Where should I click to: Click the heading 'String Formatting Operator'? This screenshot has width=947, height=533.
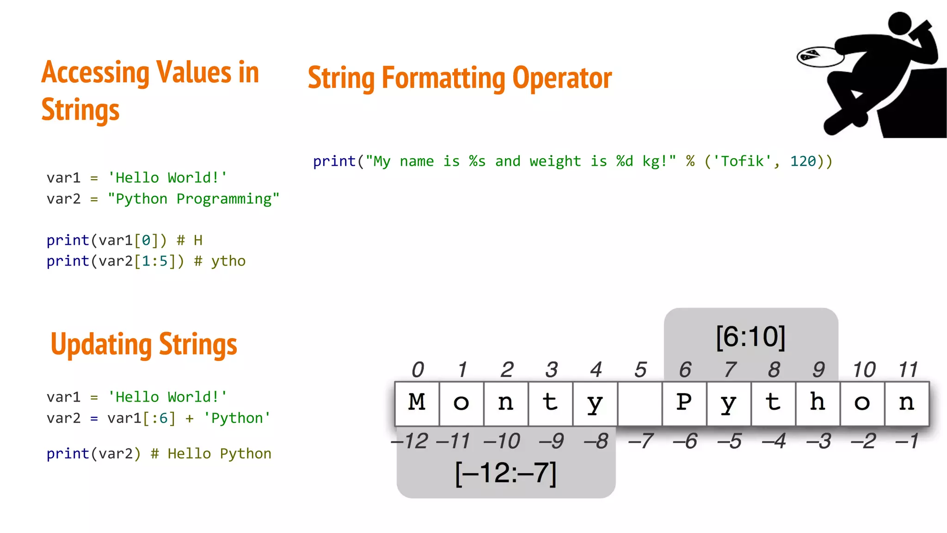click(x=460, y=78)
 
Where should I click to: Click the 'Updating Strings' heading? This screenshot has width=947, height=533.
click(x=144, y=345)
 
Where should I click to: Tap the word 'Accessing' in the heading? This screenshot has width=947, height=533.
click(x=95, y=73)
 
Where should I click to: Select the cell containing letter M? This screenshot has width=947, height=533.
click(x=417, y=403)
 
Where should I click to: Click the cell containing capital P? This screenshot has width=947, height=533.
click(x=684, y=403)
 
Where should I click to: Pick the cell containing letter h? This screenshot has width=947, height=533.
click(x=818, y=403)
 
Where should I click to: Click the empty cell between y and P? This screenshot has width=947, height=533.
click(x=640, y=403)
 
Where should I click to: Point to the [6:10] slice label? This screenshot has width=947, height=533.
click(x=750, y=337)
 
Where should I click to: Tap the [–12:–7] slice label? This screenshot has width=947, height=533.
click(x=506, y=473)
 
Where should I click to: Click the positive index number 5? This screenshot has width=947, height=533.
click(x=640, y=370)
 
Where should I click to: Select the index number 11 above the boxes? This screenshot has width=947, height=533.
click(x=908, y=370)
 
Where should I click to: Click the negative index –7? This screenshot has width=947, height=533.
click(x=640, y=441)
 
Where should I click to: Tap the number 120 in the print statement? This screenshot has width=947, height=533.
click(x=803, y=161)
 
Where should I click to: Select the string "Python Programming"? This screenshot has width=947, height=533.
click(x=193, y=199)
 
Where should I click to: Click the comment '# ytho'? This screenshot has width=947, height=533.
click(x=220, y=261)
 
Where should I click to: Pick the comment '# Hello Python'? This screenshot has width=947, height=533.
click(x=211, y=454)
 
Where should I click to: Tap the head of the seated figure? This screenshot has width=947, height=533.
click(x=900, y=23)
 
